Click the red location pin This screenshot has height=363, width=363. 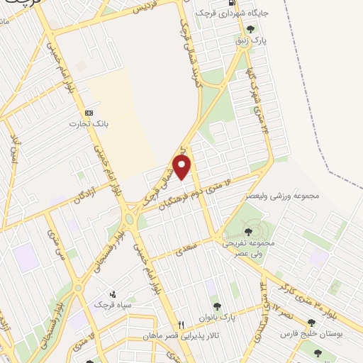coord(183,168)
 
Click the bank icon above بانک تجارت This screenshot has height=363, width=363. coord(89,113)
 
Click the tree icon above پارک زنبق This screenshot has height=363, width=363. coord(250,29)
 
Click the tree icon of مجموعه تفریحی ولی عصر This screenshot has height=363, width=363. coord(247,231)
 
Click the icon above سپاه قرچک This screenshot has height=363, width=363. coord(111,294)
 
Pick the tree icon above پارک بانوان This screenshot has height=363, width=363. coord(217,306)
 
